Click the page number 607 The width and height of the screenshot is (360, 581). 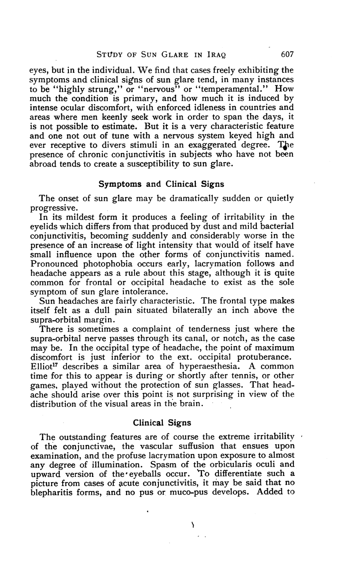click(286, 55)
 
